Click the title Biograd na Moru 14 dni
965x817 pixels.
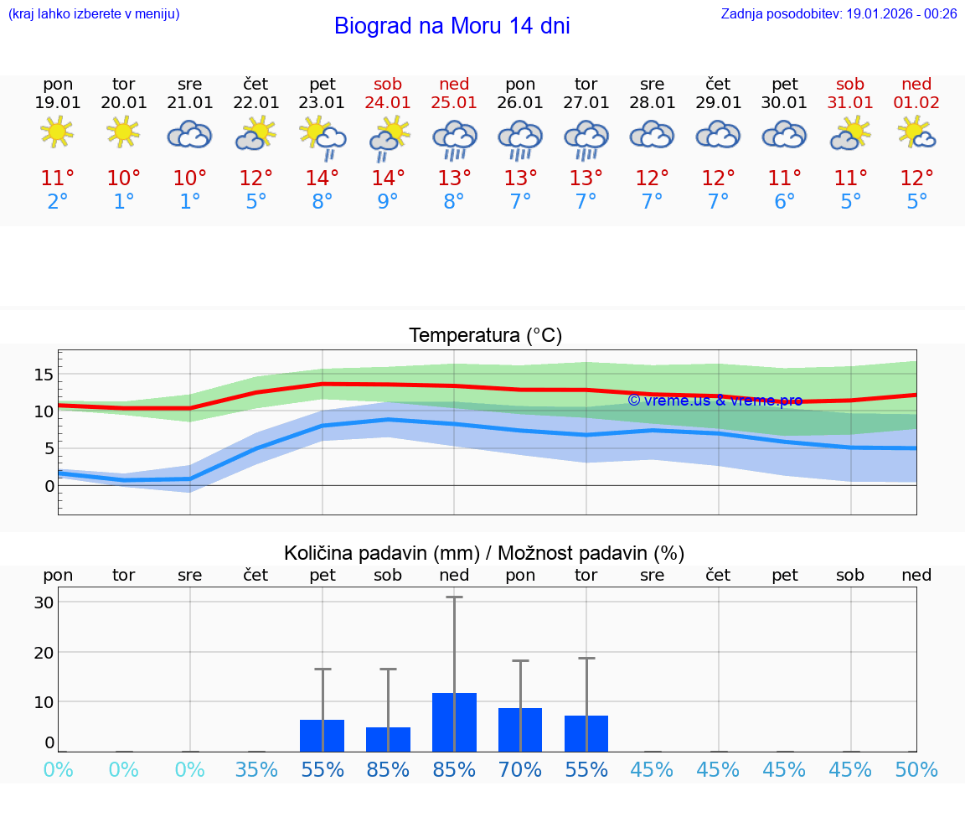(452, 26)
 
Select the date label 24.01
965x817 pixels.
(388, 103)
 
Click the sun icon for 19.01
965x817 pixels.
(57, 132)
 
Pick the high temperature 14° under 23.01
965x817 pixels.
(323, 178)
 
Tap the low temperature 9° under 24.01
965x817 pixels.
(388, 202)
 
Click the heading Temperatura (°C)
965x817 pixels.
(485, 336)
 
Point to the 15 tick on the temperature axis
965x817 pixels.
(44, 374)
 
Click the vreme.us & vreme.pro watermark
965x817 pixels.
(715, 401)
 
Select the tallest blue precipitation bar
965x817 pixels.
(454, 722)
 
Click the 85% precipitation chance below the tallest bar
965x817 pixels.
(454, 769)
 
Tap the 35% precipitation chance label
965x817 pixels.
(256, 769)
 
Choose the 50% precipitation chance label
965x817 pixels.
(916, 769)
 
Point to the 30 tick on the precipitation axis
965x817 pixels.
(44, 602)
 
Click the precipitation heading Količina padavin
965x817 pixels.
(484, 553)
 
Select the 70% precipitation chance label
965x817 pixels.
(520, 769)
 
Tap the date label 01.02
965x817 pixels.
(916, 103)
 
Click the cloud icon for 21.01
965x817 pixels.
(189, 134)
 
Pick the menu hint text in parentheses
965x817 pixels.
(94, 13)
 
